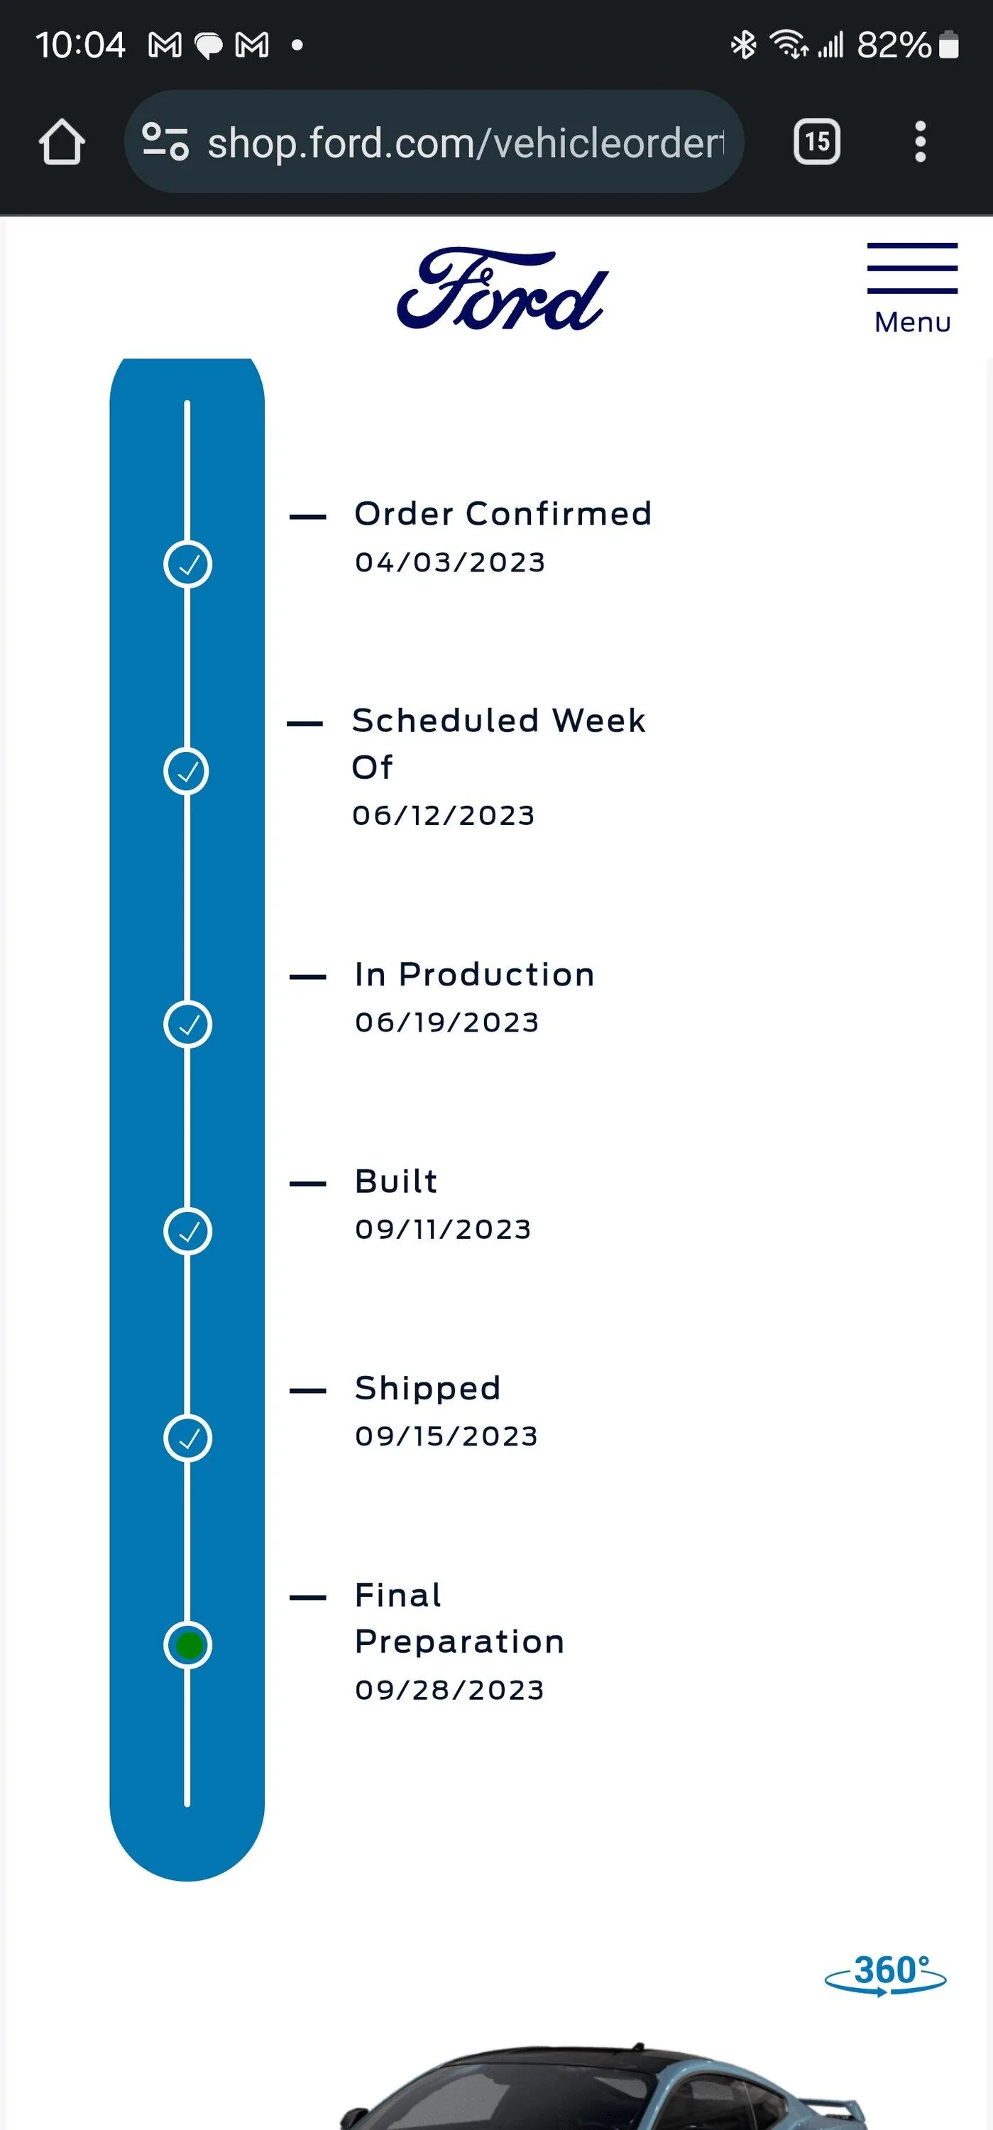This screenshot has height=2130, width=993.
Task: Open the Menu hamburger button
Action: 912,288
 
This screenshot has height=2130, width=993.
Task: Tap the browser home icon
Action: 62,141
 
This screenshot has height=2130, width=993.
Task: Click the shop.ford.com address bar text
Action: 466,143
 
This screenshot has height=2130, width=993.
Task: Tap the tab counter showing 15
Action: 817,141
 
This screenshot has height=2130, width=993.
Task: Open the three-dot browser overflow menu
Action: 920,141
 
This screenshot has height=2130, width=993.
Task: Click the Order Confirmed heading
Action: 503,513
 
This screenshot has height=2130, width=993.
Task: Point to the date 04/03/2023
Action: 450,562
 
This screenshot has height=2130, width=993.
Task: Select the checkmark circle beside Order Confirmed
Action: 189,564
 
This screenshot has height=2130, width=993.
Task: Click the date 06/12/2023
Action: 443,815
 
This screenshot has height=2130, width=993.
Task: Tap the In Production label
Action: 475,974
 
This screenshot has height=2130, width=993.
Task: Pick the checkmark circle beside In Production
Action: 189,1025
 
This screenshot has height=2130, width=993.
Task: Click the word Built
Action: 396,1181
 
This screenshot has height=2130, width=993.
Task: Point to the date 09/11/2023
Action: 443,1230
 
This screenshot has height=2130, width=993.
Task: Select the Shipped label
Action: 427,1388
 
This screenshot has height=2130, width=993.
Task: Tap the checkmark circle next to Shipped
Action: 189,1438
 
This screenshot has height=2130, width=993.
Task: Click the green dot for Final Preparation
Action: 189,1646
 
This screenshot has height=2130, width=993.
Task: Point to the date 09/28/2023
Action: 449,1690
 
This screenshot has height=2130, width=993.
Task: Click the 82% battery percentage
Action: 894,45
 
